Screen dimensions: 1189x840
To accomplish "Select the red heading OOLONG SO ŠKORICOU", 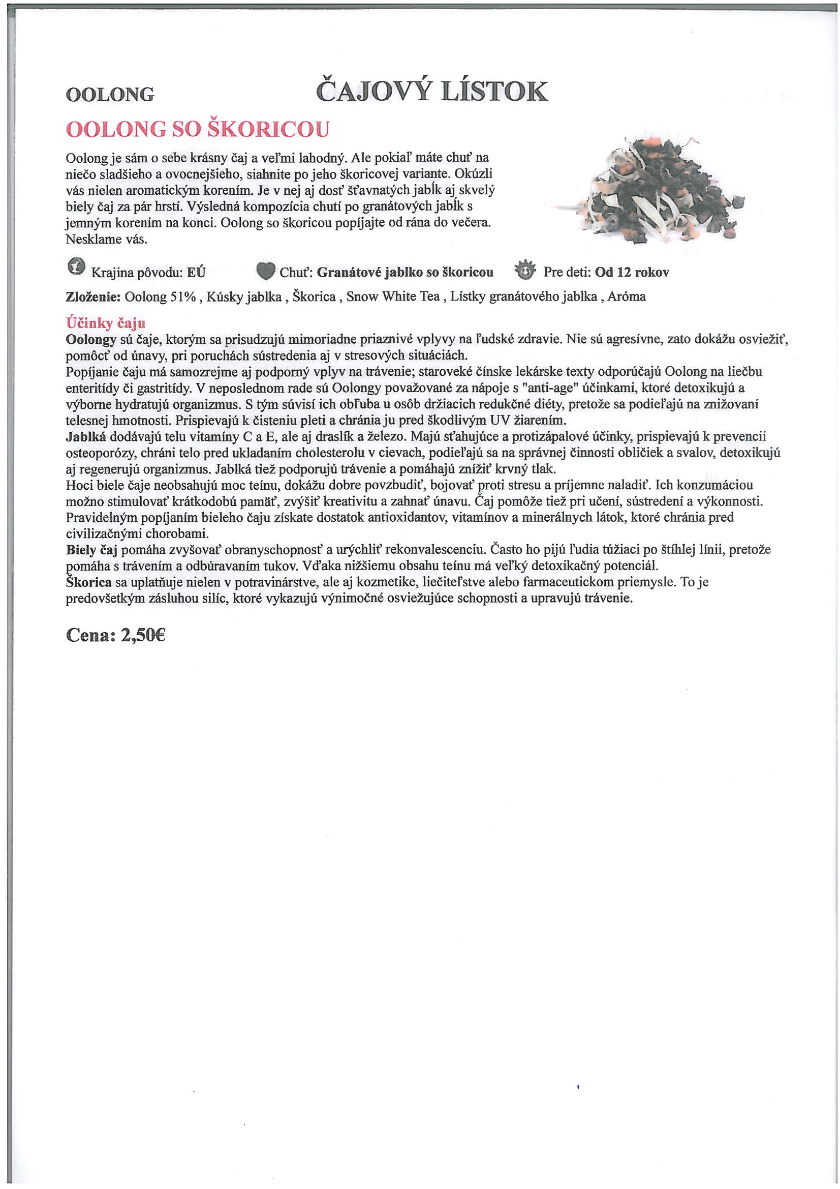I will point(198,130).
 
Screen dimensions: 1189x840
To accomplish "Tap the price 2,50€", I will point(143,635).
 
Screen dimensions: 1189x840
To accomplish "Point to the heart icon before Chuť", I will point(266,271).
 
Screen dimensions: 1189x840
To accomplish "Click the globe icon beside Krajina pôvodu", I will point(76,266).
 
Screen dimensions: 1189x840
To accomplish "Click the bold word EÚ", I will point(196,273).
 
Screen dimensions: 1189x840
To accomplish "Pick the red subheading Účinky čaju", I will point(106,323).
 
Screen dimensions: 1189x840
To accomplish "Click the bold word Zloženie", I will point(93,297).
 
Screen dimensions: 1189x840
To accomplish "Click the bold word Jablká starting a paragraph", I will point(86,436).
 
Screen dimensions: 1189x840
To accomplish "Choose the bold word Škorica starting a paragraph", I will point(89,582).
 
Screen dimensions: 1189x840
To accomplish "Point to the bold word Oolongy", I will point(90,340).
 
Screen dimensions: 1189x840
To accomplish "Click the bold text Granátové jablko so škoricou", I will point(405,273).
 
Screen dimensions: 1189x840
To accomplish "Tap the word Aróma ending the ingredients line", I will point(626,296).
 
